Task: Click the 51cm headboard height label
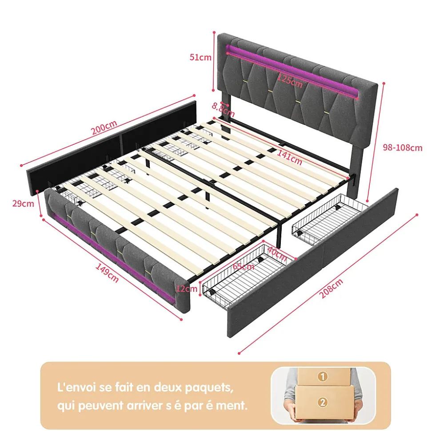200,57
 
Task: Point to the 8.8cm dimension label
223,109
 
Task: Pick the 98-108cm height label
403,148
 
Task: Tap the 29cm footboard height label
23,203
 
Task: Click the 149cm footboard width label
107,273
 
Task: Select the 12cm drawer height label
187,289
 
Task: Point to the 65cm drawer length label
243,266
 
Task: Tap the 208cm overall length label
331,288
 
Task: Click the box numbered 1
324,376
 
